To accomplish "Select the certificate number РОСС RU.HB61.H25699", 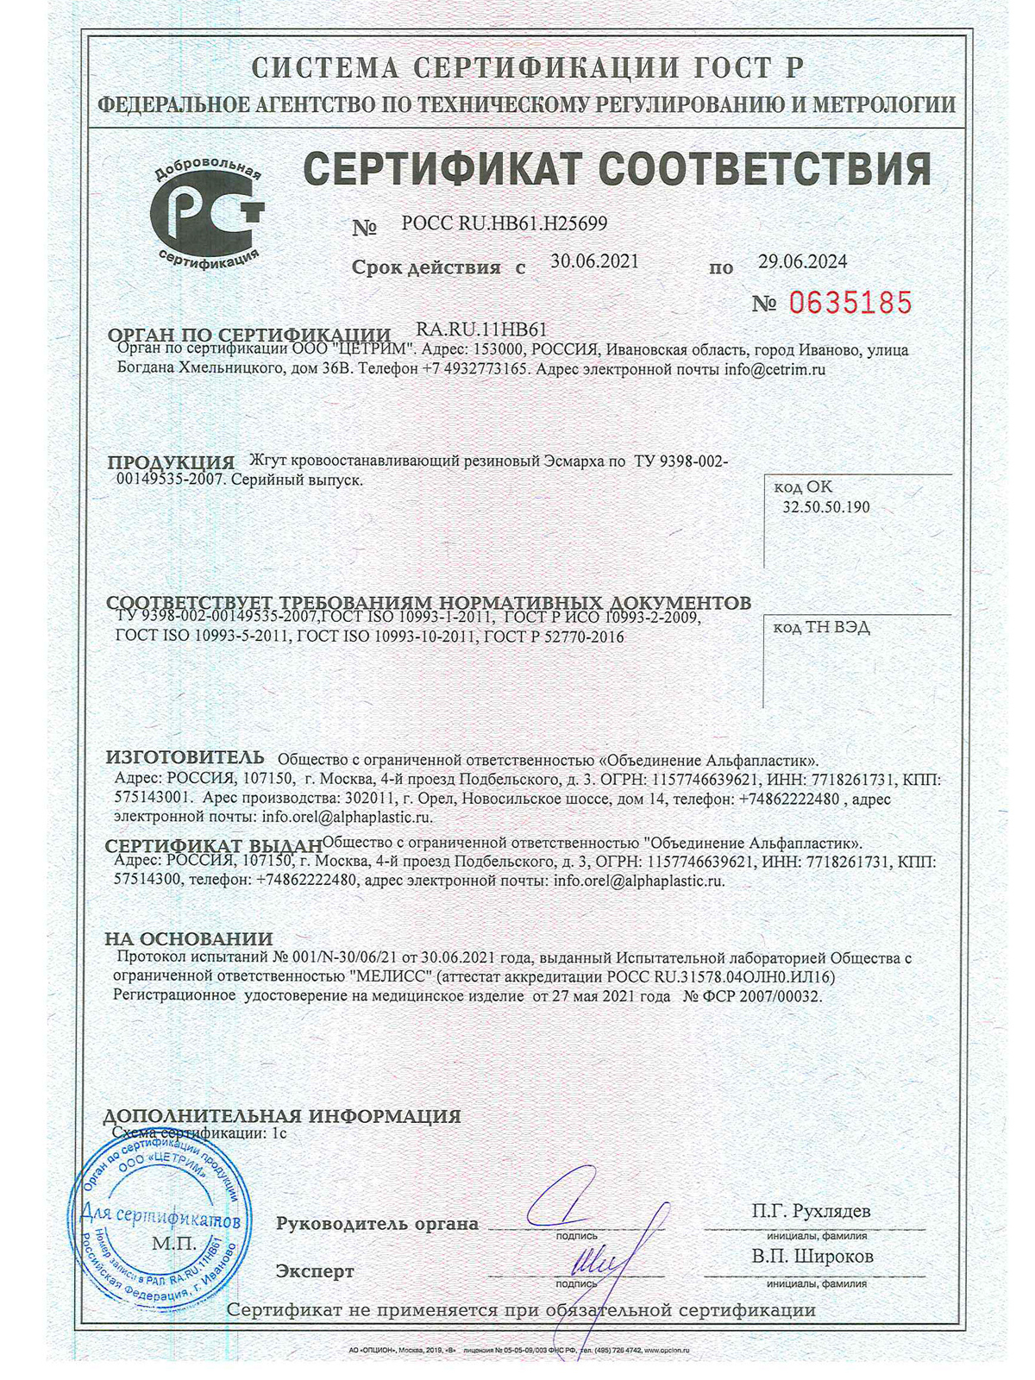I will click(x=505, y=223).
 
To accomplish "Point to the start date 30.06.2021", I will click(x=595, y=261).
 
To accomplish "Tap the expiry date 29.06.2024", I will click(x=802, y=261).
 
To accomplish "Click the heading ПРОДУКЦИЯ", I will click(x=171, y=462).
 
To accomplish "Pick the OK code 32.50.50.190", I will click(x=825, y=507).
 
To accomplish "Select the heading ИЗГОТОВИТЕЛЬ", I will click(x=185, y=757).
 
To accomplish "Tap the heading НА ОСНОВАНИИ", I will click(x=189, y=938).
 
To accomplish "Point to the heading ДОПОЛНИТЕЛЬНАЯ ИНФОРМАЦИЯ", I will click(x=282, y=1116).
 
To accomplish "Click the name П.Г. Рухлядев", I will click(x=811, y=1211).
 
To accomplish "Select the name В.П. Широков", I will click(x=812, y=1257).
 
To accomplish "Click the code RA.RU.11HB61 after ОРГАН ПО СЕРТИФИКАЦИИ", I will click(x=481, y=329).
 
